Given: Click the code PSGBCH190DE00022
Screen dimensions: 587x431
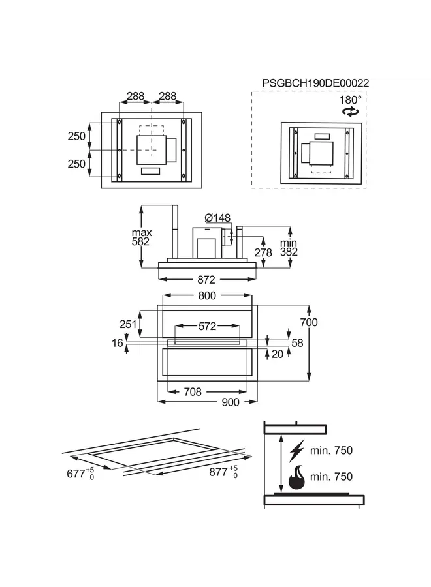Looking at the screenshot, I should pos(315,83).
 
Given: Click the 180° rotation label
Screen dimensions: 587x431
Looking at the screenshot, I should pos(350,100).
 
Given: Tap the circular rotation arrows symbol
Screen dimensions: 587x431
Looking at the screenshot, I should pos(351,112).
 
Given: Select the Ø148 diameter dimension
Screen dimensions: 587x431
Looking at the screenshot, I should pos(217,218).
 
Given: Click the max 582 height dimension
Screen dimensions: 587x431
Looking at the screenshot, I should pos(141,237).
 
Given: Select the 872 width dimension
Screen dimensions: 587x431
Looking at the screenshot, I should pos(206,280).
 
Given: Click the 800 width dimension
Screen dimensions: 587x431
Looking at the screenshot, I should pos(206,295).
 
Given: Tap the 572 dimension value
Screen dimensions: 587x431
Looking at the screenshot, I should pos(207,326).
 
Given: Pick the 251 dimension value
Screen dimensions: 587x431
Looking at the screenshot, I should pos(128,324).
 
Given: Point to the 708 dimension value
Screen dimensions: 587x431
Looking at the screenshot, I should pos(192,392).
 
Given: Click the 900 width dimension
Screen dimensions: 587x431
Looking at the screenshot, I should pos(231,402).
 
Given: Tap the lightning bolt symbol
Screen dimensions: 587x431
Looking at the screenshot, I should pos(296,451).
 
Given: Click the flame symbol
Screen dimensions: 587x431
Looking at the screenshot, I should pos(296,478).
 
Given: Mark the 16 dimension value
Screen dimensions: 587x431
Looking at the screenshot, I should pos(118,342).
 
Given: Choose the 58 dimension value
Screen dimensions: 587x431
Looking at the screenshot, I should pos(297,342).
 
